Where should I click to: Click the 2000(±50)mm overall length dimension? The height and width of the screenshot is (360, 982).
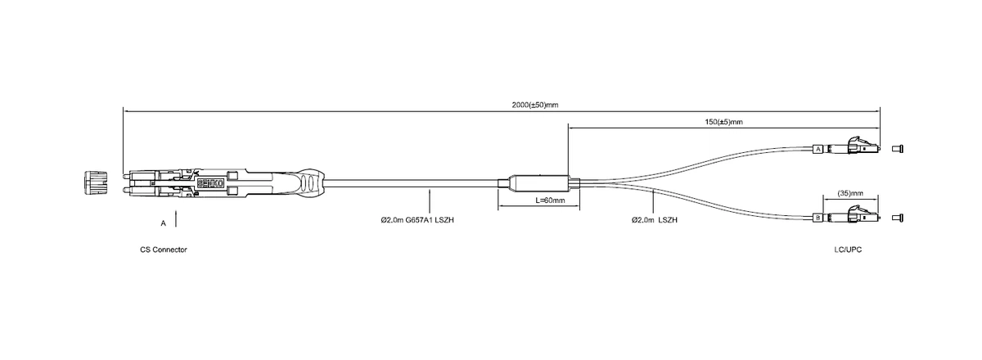click(534, 105)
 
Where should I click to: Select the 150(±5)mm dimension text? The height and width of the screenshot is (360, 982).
click(723, 122)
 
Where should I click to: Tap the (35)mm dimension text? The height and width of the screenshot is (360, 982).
click(851, 193)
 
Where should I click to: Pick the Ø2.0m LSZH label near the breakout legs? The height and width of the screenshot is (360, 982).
click(655, 220)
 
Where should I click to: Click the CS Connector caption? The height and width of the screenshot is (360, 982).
click(164, 249)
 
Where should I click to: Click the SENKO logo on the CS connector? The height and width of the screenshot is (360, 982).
click(208, 183)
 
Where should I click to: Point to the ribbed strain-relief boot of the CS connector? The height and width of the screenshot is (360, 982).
click(312, 182)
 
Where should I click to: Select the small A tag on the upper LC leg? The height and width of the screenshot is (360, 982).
click(818, 149)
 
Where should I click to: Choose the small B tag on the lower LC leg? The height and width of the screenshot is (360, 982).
click(818, 218)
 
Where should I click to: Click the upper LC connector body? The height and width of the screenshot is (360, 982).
click(855, 147)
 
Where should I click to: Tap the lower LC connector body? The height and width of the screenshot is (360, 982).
click(855, 216)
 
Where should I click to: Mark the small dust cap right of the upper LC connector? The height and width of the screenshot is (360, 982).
click(898, 149)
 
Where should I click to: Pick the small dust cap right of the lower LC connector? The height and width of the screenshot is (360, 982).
click(898, 218)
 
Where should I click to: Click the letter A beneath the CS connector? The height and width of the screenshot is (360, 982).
click(164, 222)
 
